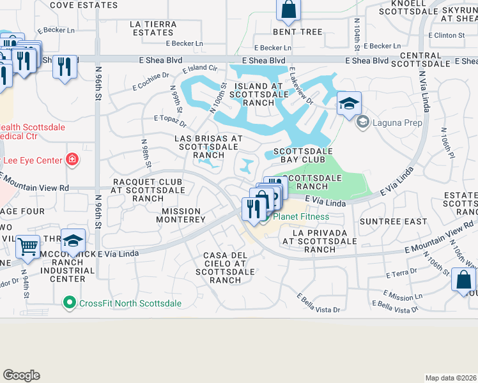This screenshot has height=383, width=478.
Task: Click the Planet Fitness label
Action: coord(301,216)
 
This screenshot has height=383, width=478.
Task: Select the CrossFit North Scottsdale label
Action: coord(130,303)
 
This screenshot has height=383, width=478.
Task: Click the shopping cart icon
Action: coord(27,246)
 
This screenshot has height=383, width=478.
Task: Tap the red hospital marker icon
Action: coord(72,159)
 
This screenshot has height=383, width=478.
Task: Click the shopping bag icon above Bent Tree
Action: coord(288,10)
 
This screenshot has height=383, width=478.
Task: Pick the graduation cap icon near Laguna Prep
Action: coord(349,103)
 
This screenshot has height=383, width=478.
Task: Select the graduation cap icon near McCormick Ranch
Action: coord(73,241)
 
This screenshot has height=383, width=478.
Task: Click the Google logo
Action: coord(21,375)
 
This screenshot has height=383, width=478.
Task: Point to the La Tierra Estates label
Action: coord(152,28)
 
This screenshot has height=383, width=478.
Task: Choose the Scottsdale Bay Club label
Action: coord(303,156)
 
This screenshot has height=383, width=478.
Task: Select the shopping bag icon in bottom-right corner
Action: coord(463,280)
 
